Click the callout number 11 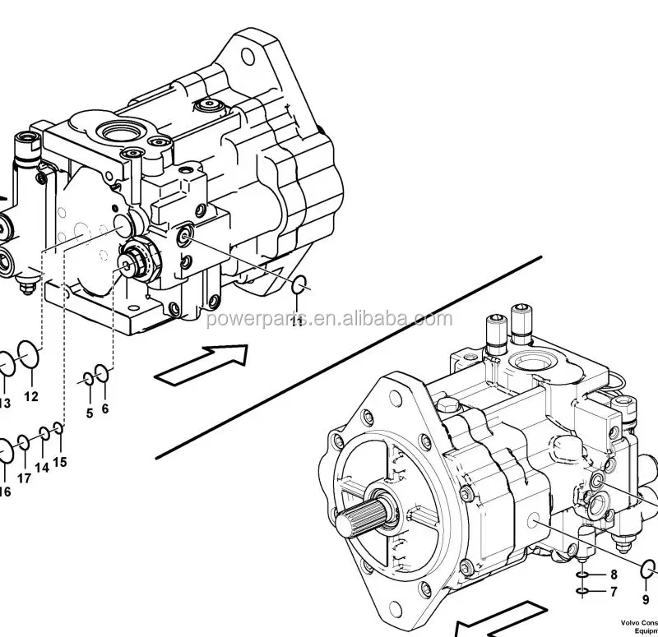297,321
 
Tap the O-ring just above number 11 301,286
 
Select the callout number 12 30,396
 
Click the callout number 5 90,413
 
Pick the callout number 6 105,408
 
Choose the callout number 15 60,462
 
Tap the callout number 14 42,468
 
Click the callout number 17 24,478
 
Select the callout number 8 613,574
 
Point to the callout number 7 613,591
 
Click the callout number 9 646,600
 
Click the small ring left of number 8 581,574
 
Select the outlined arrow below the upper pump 202,363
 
